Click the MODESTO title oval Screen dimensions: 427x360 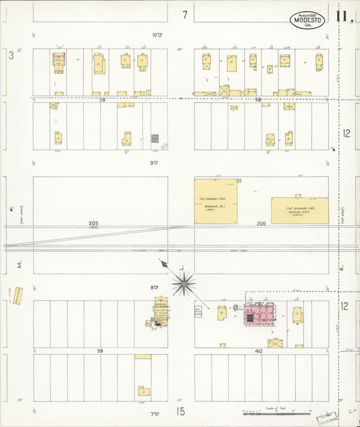tap(308, 20)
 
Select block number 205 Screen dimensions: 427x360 tap(93, 223)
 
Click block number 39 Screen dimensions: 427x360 tap(100, 351)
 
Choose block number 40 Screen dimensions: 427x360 tap(258, 351)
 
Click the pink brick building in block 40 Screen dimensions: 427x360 tap(258, 314)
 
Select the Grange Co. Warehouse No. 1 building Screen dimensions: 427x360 tap(217, 201)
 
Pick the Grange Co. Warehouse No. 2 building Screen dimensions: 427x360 tap(300, 210)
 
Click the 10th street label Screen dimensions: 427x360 tap(157, 35)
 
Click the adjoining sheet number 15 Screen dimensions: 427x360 tap(180, 411)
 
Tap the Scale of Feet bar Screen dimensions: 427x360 tap(277, 411)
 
